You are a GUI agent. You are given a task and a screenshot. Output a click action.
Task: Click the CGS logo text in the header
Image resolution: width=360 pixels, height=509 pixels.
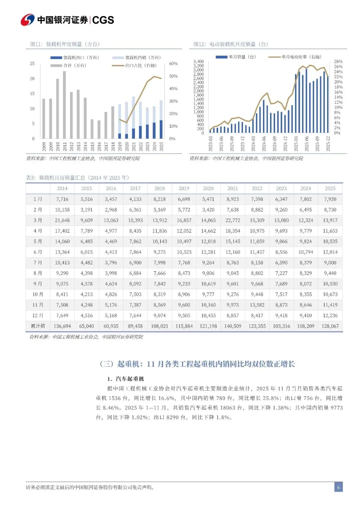point(103,20)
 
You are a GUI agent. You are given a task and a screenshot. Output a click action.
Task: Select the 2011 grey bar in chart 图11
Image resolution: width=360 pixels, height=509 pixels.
point(64,105)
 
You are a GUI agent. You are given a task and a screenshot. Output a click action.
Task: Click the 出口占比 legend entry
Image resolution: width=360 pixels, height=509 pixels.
point(135,66)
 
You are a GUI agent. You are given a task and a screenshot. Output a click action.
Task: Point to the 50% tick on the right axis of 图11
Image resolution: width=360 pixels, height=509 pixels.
point(173,76)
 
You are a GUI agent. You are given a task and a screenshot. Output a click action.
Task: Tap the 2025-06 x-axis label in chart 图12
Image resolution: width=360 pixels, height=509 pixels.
point(307,144)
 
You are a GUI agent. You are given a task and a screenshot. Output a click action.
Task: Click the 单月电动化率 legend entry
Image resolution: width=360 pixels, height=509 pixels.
point(295,57)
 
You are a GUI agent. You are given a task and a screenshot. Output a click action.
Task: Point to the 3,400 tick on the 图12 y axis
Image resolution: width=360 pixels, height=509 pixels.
point(198,62)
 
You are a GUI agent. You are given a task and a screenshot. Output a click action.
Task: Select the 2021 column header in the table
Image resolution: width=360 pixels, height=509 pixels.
point(233,188)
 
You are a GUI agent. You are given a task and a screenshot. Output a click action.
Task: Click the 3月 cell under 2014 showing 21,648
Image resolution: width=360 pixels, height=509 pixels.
point(62,220)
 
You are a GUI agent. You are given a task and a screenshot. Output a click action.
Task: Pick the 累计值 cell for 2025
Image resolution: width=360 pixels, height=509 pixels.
point(330,326)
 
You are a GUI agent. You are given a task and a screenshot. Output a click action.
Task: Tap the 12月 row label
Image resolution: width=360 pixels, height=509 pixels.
point(38,315)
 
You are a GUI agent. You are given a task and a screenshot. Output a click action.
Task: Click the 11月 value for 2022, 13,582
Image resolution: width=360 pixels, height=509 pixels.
point(257,305)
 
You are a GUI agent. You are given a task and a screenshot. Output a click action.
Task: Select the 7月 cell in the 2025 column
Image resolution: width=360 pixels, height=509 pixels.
point(330,263)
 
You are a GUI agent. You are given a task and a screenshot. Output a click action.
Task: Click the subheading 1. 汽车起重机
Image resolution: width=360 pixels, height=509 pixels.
point(126,379)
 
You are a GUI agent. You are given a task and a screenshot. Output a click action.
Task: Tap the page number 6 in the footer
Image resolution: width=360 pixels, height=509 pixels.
point(338,487)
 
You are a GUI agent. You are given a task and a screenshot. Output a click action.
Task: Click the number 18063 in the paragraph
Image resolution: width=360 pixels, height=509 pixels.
point(227,408)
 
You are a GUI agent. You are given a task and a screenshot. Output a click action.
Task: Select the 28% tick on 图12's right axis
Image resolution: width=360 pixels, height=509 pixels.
point(338,62)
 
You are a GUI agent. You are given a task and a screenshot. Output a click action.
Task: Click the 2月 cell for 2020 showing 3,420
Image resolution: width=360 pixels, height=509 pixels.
point(208,210)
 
